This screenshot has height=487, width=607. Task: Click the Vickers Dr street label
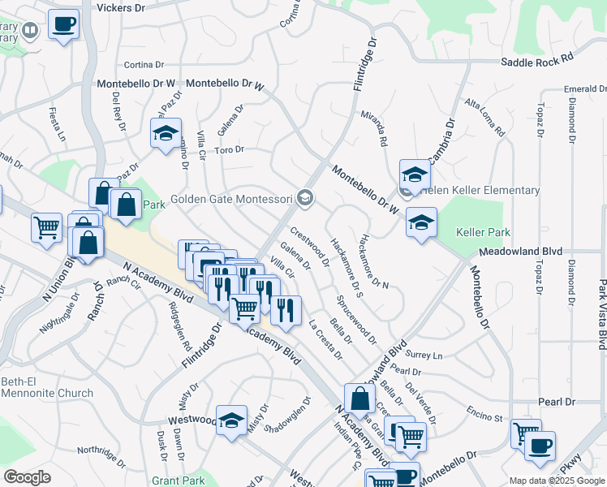[120, 7]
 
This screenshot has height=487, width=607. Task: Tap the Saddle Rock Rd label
[537, 60]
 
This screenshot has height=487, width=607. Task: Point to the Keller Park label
[483, 232]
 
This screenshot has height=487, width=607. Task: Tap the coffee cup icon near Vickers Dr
[63, 24]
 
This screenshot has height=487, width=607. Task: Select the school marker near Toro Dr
[166, 134]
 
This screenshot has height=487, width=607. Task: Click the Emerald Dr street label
[586, 88]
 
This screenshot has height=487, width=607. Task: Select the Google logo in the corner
[27, 477]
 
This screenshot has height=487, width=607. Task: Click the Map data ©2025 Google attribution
[556, 481]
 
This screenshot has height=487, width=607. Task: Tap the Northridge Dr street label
[101, 450]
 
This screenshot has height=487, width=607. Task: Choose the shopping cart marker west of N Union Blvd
[46, 227]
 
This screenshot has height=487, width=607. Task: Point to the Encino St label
[486, 415]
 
